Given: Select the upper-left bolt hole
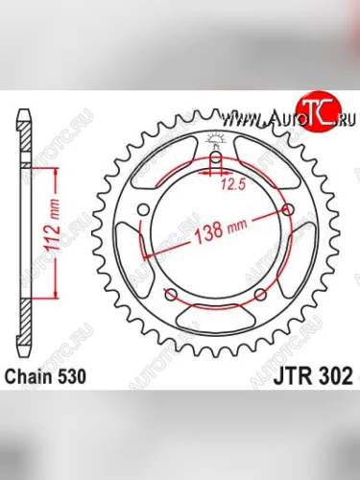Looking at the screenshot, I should [143, 207].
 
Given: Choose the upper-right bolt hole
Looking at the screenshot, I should [289, 207].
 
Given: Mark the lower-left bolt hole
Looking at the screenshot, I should [171, 294].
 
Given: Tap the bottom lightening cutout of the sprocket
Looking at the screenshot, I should [216, 316].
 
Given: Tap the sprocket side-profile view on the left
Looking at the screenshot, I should [24, 230].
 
